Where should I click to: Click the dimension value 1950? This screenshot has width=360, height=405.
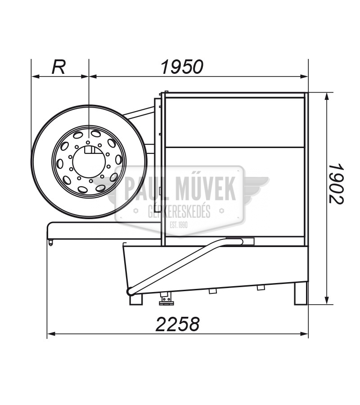tap(182, 67)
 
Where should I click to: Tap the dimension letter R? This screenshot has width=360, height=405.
tap(58, 67)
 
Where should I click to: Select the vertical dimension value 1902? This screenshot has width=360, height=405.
tap(337, 184)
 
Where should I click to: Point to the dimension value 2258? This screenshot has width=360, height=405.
tap(178, 324)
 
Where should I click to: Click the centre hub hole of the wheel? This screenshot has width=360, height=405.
tap(89, 162)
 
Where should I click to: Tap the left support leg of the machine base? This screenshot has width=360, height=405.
tap(136, 299)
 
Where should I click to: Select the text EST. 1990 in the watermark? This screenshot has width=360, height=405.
tap(179, 225)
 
